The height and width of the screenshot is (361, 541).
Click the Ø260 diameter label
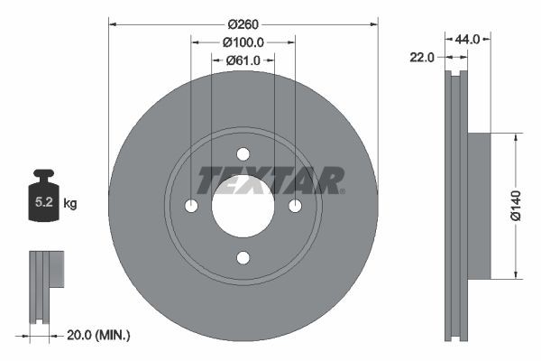(x=243, y=24)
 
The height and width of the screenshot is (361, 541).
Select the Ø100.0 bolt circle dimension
(x=243, y=42)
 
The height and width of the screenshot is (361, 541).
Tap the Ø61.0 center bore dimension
(x=243, y=60)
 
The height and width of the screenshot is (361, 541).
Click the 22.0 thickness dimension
(x=422, y=57)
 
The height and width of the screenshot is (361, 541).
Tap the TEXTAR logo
(x=270, y=180)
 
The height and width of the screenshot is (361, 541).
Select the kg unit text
(x=70, y=204)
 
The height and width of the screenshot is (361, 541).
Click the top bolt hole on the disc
(x=243, y=154)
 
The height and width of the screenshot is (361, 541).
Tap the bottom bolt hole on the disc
(x=243, y=258)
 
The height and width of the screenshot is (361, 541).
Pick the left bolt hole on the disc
(x=191, y=207)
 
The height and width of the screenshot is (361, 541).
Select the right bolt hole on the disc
(x=294, y=207)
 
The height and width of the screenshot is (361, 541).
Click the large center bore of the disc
(x=243, y=207)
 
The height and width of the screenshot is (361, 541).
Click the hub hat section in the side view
(x=479, y=206)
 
